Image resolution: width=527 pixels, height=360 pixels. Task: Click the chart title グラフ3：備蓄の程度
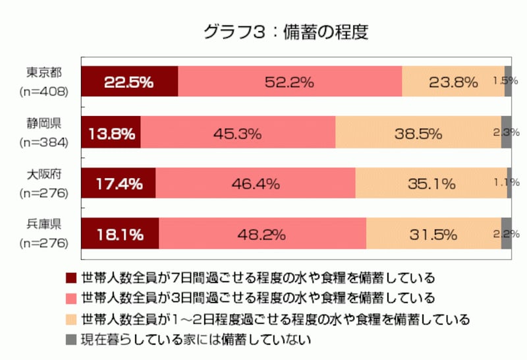coord(285,31)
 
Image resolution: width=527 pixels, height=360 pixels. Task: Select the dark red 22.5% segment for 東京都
coord(129,82)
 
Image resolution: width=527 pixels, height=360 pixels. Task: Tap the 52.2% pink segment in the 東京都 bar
coord(290,82)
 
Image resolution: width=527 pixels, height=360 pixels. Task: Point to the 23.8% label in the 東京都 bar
coord(453,82)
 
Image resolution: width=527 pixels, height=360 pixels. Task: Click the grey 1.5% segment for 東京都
coord(508,82)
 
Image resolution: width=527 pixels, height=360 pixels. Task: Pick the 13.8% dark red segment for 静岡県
coord(111,133)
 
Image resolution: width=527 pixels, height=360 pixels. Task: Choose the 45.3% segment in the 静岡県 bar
coord(238,133)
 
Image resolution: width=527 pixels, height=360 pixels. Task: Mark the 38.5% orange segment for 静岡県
coord(418,133)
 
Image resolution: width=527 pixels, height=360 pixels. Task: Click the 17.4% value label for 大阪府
coord(119,183)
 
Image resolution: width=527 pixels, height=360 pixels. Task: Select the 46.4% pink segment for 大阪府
coord(256,183)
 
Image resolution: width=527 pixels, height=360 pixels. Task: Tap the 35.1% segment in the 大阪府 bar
coord(431,183)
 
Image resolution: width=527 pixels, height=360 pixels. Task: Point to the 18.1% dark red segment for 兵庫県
coord(120,233)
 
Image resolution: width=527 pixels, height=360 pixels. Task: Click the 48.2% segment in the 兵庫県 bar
coord(262,233)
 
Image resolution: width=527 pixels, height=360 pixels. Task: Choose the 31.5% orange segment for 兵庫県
coord(433,233)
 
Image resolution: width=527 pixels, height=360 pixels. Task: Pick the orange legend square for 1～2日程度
coord(71,319)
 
